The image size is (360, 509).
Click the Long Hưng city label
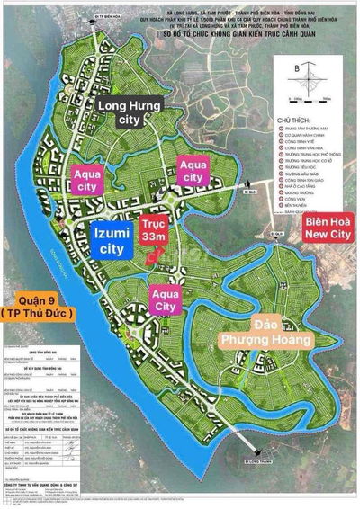pos(134,115)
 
